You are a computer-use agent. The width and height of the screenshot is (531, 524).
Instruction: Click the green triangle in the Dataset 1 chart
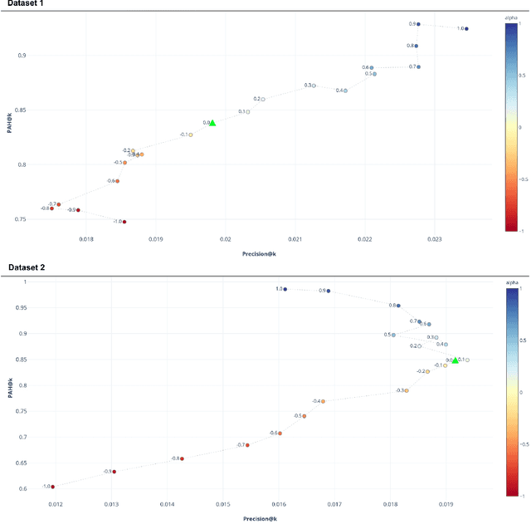click(x=212, y=122)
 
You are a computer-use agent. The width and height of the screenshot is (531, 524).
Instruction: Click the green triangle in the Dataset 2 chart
click(x=455, y=360)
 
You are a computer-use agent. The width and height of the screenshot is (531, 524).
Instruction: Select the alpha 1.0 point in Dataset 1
click(x=466, y=29)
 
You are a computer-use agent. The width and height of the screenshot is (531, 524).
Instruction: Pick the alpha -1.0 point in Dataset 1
click(x=124, y=222)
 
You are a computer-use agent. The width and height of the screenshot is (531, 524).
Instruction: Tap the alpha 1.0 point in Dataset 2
click(x=285, y=289)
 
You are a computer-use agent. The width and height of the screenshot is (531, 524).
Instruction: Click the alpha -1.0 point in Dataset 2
click(x=52, y=487)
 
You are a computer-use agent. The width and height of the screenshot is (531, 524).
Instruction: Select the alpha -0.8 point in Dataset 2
click(x=182, y=458)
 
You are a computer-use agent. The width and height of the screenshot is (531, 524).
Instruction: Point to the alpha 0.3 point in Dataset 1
click(x=314, y=86)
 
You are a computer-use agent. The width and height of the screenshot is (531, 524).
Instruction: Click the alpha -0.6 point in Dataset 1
click(x=117, y=181)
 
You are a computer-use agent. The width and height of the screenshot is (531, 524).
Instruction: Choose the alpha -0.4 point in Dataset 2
click(x=323, y=401)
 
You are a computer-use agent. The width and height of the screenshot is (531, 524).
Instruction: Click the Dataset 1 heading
click(x=24, y=4)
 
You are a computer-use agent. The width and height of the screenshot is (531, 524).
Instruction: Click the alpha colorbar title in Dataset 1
click(x=512, y=17)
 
